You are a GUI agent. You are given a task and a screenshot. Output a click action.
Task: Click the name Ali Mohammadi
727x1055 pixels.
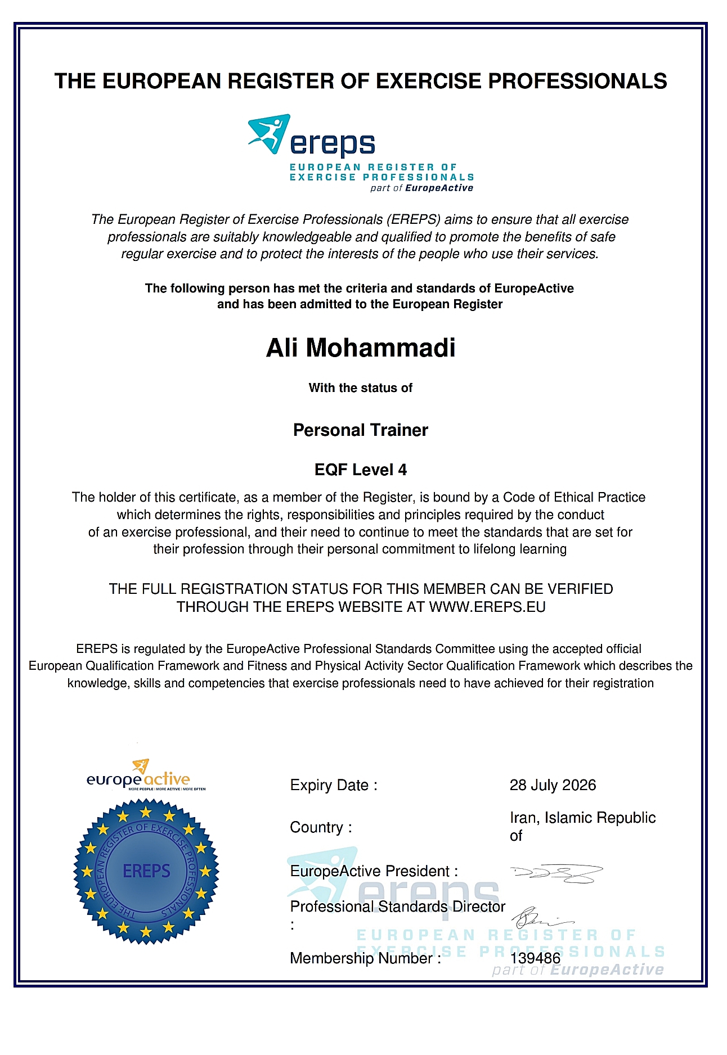pyautogui.click(x=361, y=348)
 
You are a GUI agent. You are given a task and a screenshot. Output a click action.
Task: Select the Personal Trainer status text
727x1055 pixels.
pyautogui.click(x=361, y=430)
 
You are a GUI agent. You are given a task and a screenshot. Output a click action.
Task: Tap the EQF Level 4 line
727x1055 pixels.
pyautogui.click(x=361, y=470)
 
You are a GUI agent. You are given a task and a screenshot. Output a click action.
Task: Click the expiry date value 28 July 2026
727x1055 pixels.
pyautogui.click(x=553, y=785)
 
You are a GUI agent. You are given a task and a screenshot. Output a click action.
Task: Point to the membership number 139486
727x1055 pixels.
pyautogui.click(x=535, y=958)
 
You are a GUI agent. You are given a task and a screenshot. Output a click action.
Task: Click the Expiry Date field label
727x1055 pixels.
pyautogui.click(x=333, y=785)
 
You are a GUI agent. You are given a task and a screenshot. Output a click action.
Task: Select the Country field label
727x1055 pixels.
pyautogui.click(x=321, y=827)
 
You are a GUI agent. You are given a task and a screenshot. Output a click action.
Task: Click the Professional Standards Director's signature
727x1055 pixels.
pyautogui.click(x=540, y=918)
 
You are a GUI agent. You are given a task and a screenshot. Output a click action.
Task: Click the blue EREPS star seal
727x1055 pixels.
pyautogui.click(x=146, y=871)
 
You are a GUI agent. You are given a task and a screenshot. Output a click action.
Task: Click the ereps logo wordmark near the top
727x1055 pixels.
pyautogui.click(x=333, y=144)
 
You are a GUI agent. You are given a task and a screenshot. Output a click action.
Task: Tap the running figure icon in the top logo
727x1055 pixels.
pyautogui.click(x=270, y=133)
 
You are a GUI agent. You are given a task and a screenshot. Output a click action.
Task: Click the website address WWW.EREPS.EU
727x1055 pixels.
pyautogui.click(x=487, y=607)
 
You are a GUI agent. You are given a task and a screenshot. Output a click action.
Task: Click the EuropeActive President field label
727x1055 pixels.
pyautogui.click(x=374, y=871)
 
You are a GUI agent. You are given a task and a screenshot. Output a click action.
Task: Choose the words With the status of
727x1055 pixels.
pyautogui.click(x=361, y=388)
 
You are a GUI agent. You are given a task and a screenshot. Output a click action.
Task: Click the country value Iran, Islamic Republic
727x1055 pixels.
pyautogui.click(x=582, y=818)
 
